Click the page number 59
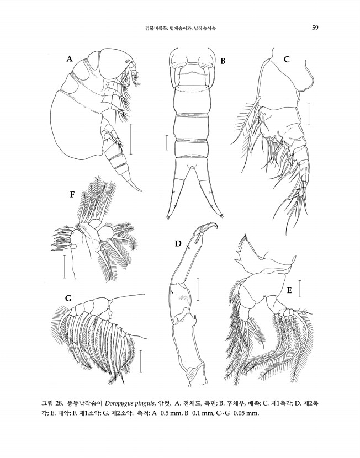[x=315, y=28]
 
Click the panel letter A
[x=69, y=59]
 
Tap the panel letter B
[x=223, y=61]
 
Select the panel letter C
[x=287, y=60]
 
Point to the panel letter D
[x=178, y=243]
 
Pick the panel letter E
[x=289, y=290]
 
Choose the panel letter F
[x=72, y=195]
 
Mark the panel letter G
[x=68, y=298]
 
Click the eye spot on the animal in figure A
[x=128, y=61]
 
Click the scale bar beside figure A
[x=131, y=139]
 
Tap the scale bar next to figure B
[x=167, y=142]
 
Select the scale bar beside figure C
[x=309, y=113]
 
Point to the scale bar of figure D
[x=198, y=289]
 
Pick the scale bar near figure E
[x=300, y=289]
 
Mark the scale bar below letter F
[x=65, y=267]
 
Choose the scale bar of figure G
[x=141, y=361]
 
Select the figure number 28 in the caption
[x=59, y=404]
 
